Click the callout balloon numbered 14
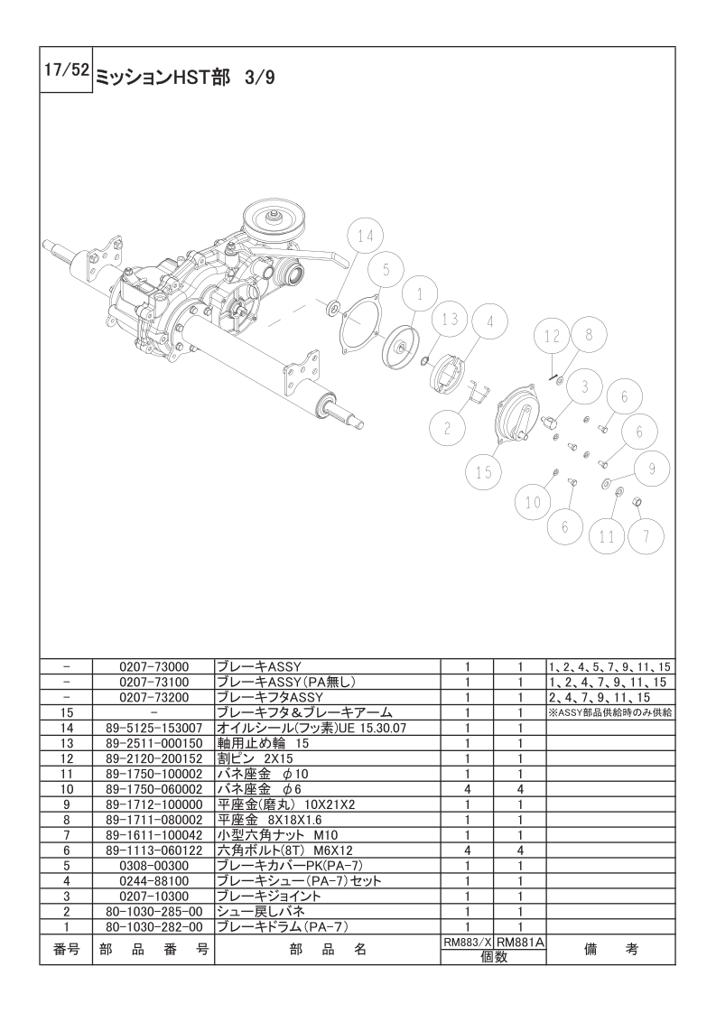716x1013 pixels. pyautogui.click(x=365, y=237)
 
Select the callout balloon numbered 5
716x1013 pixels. pyautogui.click(x=386, y=271)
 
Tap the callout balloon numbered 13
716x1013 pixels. pyautogui.click(x=450, y=319)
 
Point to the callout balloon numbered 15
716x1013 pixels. pyautogui.click(x=484, y=471)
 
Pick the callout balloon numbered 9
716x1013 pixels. pyautogui.click(x=651, y=469)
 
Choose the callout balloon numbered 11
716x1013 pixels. pyautogui.click(x=607, y=536)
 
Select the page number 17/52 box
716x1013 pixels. pyautogui.click(x=66, y=70)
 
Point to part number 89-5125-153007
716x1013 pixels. pyautogui.click(x=153, y=728)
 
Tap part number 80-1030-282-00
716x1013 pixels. pyautogui.click(x=153, y=927)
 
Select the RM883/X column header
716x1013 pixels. pyautogui.click(x=467, y=943)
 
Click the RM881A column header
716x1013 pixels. pyautogui.click(x=520, y=943)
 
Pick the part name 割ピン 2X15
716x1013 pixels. pyautogui.click(x=255, y=758)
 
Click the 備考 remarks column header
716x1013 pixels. pyautogui.click(x=610, y=950)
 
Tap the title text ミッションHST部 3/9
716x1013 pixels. pyautogui.click(x=186, y=78)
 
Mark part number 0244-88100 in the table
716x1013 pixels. pyautogui.click(x=153, y=880)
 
